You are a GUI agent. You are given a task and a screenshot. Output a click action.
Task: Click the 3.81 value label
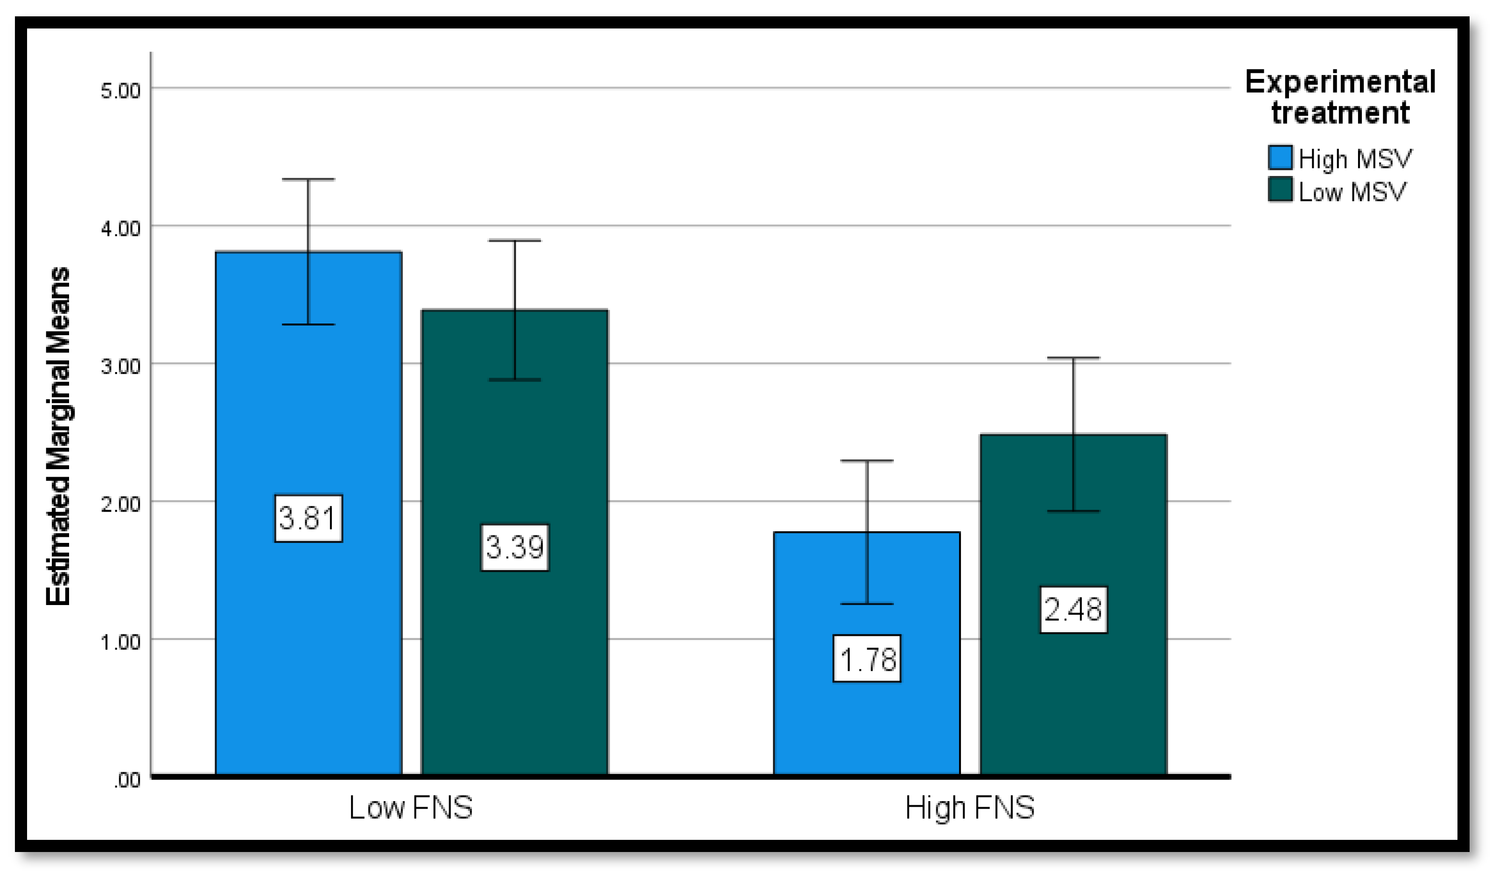pos(308,518)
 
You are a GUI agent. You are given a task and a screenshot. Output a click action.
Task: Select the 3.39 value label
pos(514,547)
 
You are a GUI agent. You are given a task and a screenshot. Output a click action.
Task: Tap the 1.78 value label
pos(867,659)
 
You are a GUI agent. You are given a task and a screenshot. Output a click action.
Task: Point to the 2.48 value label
pos(1073,610)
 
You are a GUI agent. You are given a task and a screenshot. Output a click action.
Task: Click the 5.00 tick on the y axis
pos(120,91)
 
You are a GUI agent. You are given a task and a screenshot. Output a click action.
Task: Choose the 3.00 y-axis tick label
pos(120,366)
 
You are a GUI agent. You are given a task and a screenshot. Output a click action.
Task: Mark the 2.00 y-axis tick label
pos(120,504)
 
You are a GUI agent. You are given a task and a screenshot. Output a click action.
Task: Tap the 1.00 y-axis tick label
pos(120,642)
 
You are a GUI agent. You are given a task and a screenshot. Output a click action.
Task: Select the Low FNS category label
pos(411,808)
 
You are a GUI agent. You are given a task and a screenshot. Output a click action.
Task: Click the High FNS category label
pos(970,808)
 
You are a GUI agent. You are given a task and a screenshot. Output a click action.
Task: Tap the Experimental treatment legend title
pos(1340,97)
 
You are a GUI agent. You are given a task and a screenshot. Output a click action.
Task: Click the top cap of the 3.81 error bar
pos(308,179)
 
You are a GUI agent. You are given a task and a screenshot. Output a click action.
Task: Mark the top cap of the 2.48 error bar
pos(1073,358)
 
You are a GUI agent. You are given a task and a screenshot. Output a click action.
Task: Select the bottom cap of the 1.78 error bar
pos(867,604)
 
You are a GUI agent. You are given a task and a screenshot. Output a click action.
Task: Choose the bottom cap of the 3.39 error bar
pos(514,380)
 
